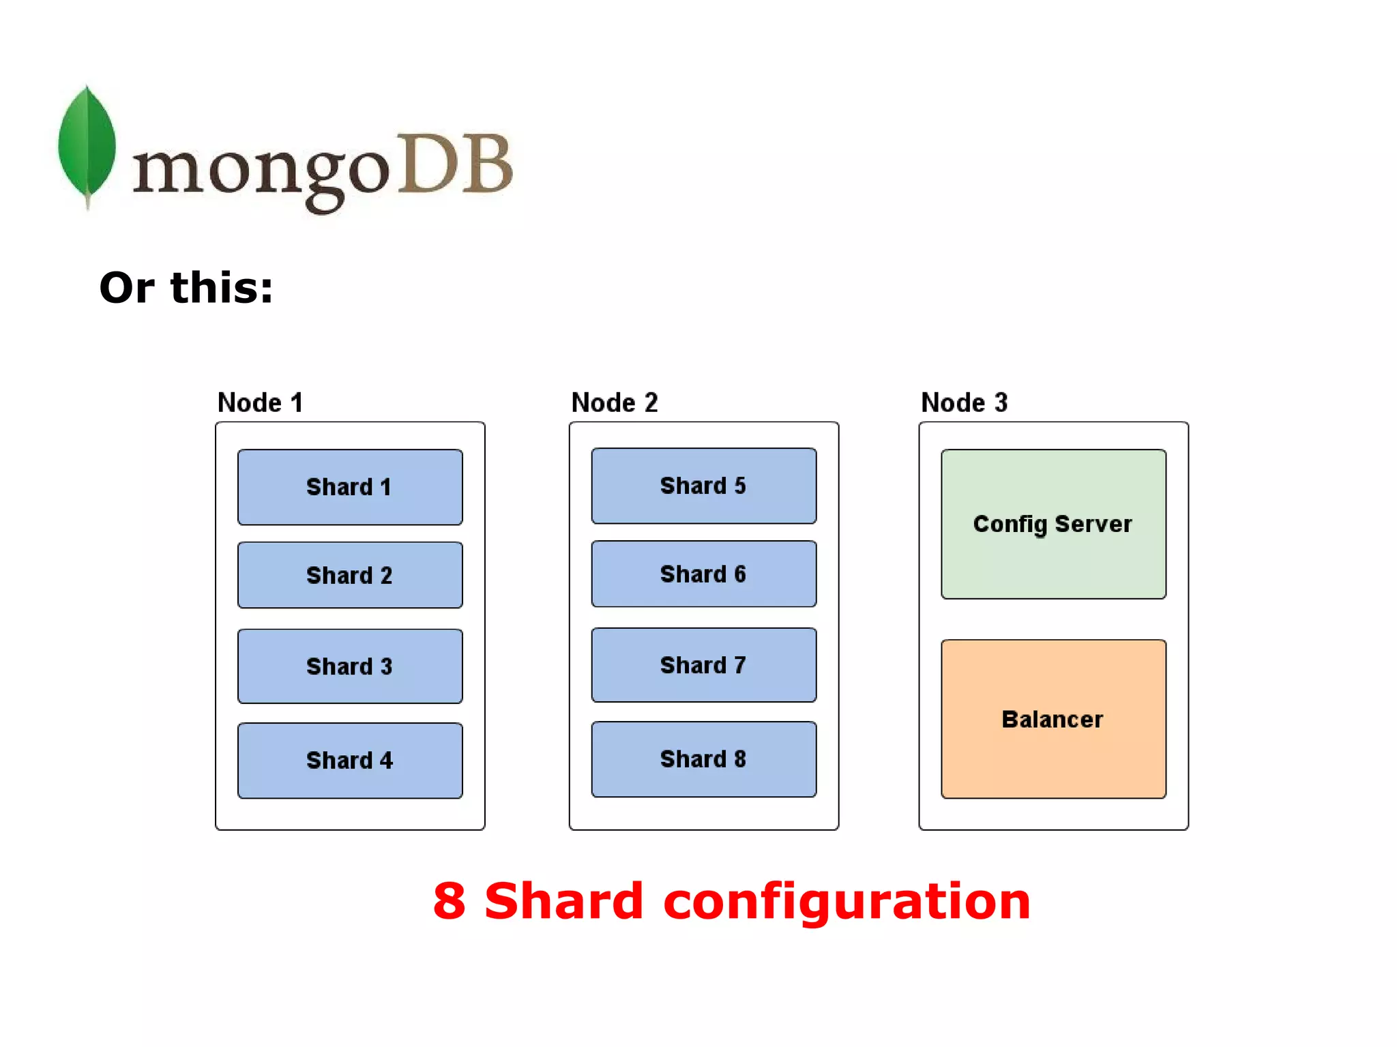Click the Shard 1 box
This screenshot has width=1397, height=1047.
pyautogui.click(x=350, y=487)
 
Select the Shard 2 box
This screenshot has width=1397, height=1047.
pyautogui.click(x=350, y=575)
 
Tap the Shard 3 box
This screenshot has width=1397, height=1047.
pyautogui.click(x=350, y=666)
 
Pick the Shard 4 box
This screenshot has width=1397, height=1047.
pyautogui.click(x=350, y=760)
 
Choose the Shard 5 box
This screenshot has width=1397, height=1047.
pyautogui.click(x=703, y=486)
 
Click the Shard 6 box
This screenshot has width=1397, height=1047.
pyautogui.click(x=703, y=574)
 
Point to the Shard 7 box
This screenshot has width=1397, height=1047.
pyautogui.click(x=703, y=665)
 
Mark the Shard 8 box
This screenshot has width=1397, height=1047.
pyautogui.click(x=703, y=758)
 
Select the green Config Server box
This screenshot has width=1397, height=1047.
pyautogui.click(x=1053, y=524)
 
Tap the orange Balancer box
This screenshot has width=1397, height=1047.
pyautogui.click(x=1053, y=719)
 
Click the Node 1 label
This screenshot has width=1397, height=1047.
pyautogui.click(x=260, y=402)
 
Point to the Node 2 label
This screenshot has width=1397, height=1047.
pyautogui.click(x=614, y=402)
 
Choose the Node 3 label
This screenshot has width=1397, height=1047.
pyautogui.click(x=964, y=402)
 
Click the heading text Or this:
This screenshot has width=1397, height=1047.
pyautogui.click(x=186, y=287)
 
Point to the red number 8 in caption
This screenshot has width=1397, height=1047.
pyautogui.click(x=450, y=901)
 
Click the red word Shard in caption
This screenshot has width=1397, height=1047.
pyautogui.click(x=563, y=901)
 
